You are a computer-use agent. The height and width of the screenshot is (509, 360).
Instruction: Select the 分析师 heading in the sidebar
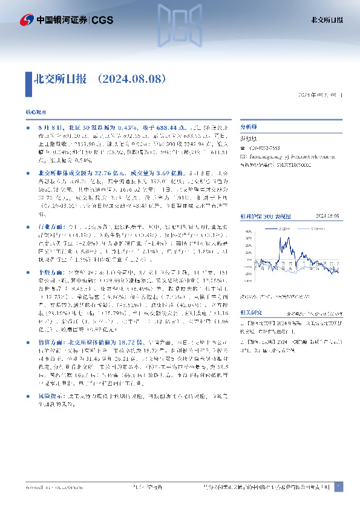[249, 128]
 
